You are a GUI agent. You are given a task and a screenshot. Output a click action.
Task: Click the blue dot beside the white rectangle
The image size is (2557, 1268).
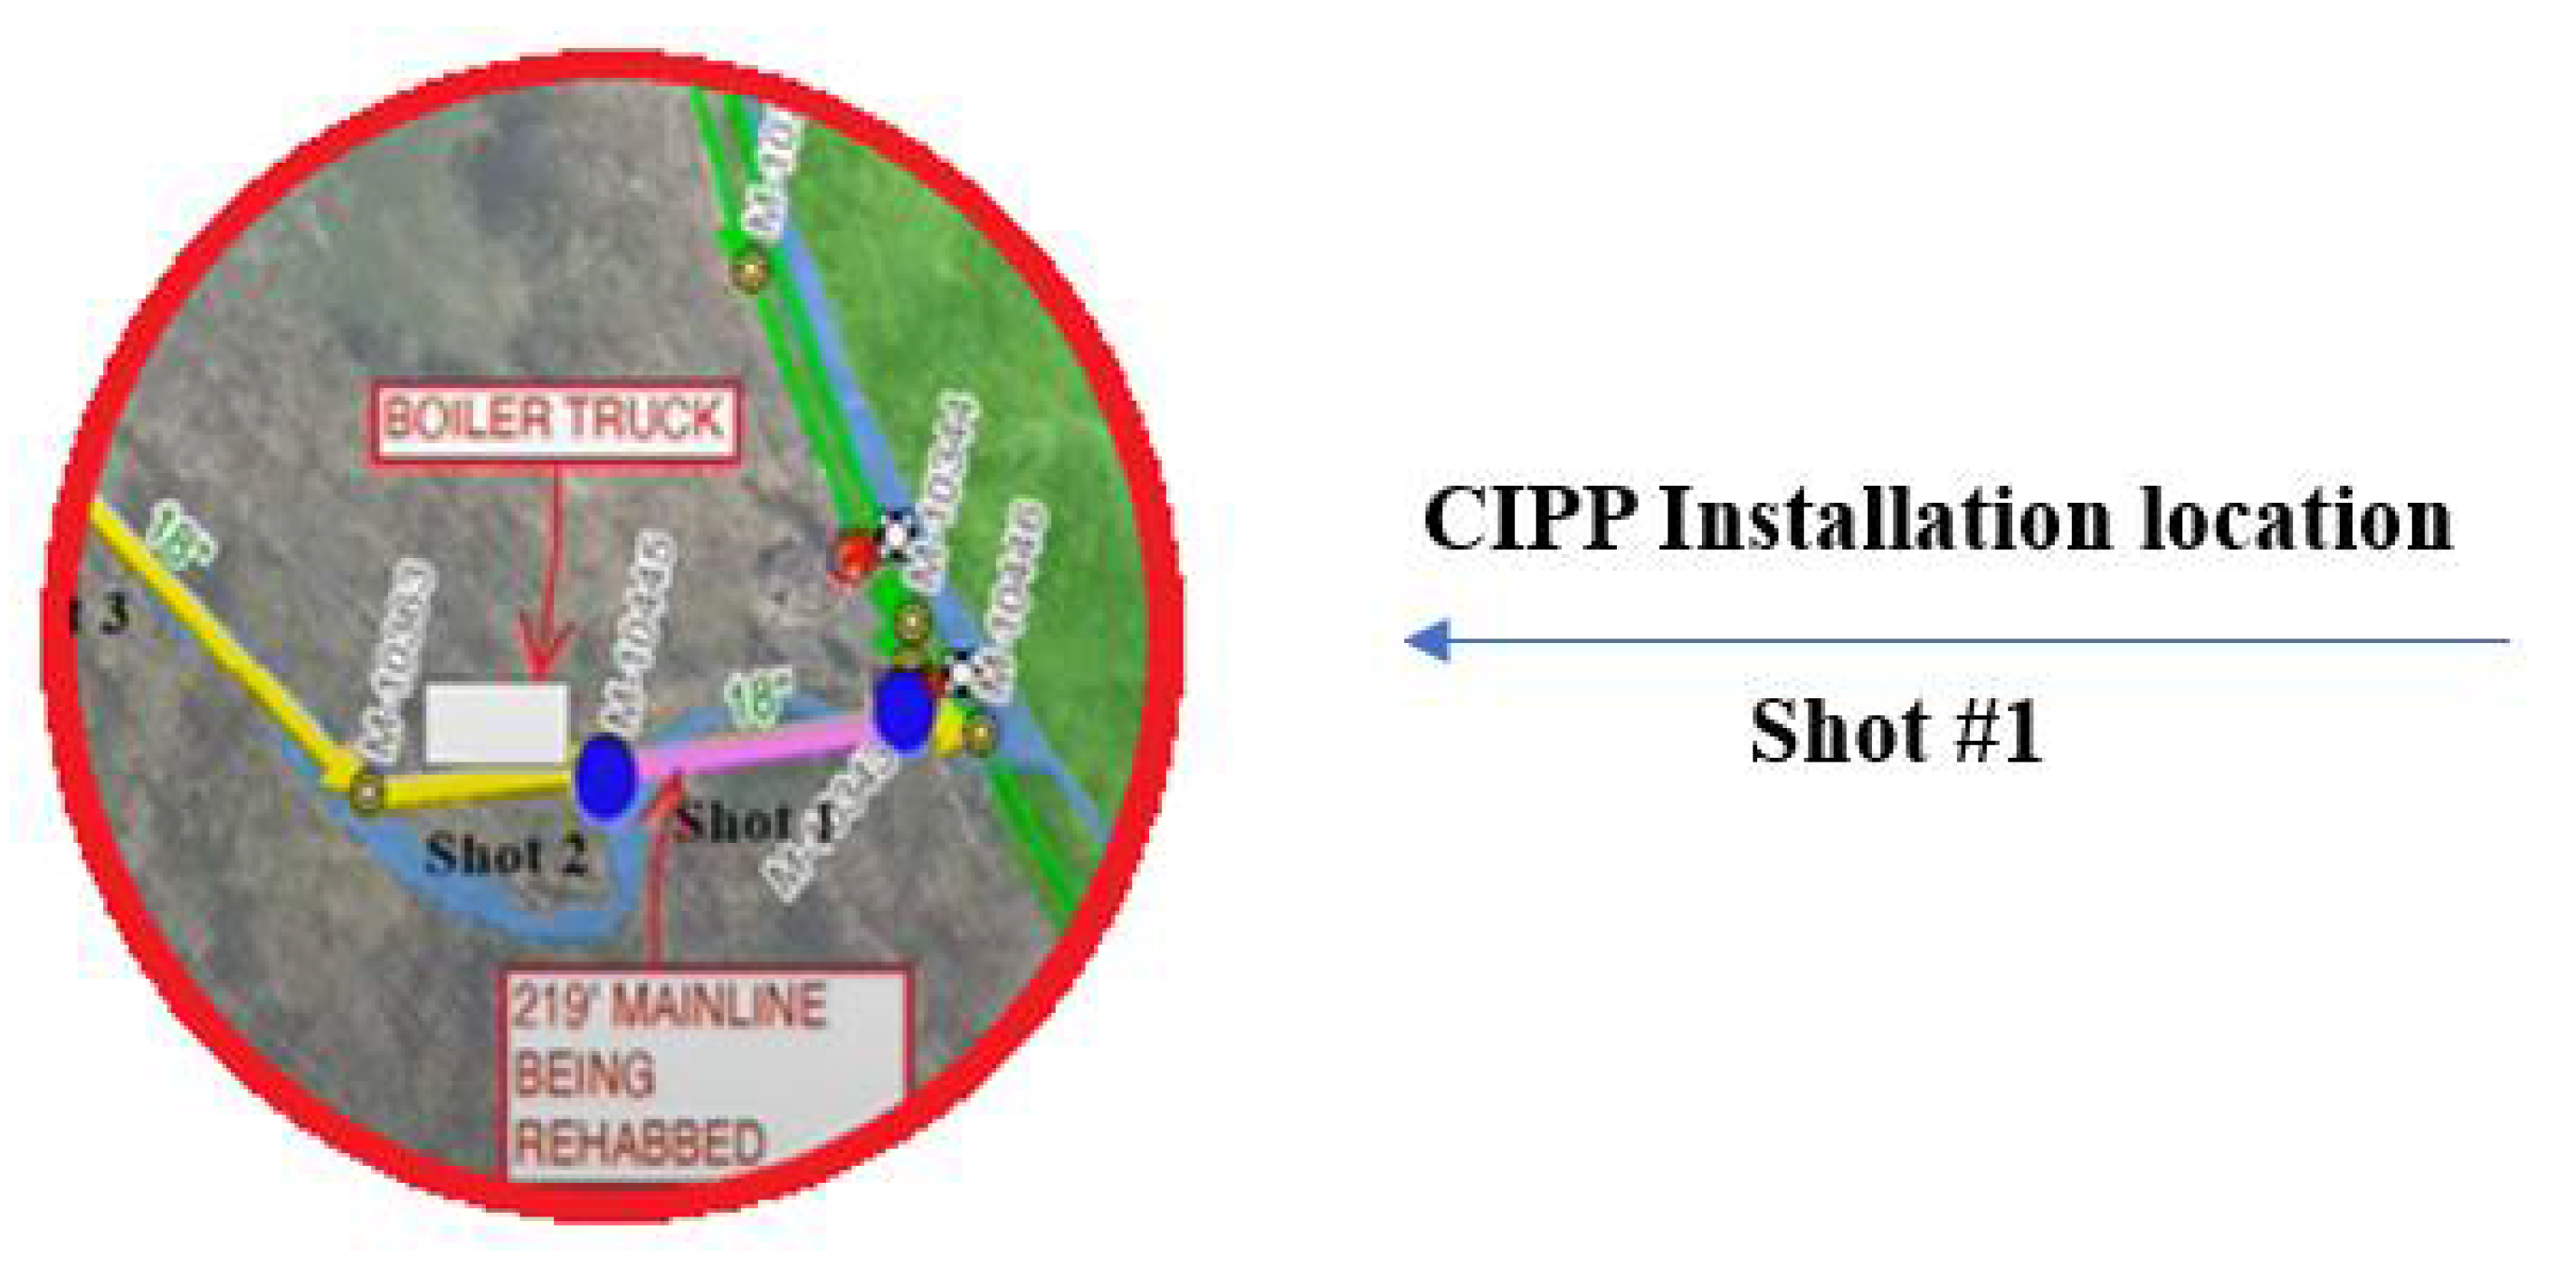tap(604, 777)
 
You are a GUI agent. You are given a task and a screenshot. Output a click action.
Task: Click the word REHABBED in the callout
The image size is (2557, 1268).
tap(642, 1144)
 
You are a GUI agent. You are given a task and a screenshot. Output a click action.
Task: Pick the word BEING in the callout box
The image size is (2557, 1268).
tap(585, 1074)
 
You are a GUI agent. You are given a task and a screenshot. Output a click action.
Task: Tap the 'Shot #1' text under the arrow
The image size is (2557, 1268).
tap(1895, 733)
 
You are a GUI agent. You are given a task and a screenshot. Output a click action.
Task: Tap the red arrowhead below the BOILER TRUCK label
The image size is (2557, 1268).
tap(547, 650)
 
